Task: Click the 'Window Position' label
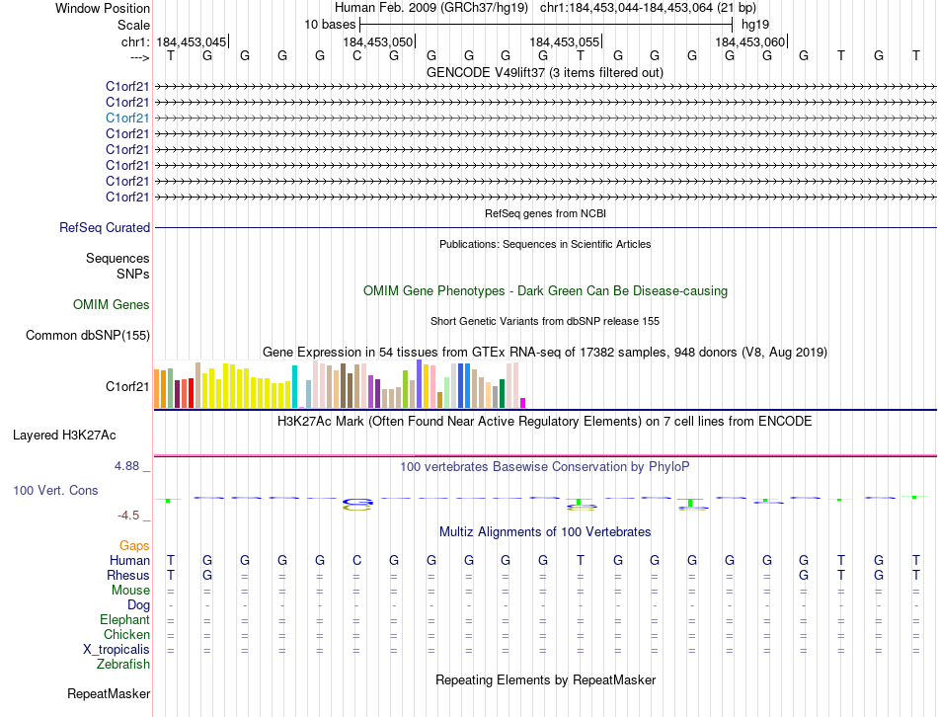(103, 8)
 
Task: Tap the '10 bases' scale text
(330, 24)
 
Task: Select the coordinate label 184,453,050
(378, 42)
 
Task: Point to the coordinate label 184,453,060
(750, 42)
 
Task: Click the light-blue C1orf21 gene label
(128, 118)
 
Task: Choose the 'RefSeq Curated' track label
(105, 228)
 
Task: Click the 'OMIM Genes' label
(112, 305)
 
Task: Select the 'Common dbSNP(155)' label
(88, 336)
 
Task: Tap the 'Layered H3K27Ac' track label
(64, 435)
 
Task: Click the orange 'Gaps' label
(134, 545)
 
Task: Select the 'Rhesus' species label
(128, 576)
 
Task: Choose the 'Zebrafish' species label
(123, 665)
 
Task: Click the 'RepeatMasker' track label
(109, 694)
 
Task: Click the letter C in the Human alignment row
(356, 561)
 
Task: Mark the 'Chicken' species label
(125, 635)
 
